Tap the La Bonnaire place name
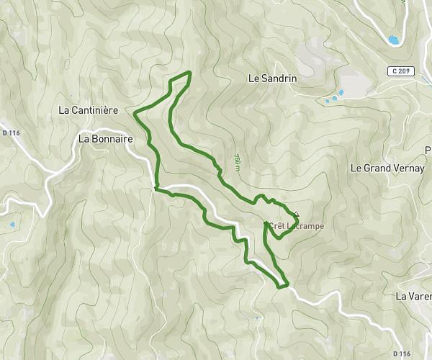tap(106, 138)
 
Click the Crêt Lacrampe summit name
tap(296, 226)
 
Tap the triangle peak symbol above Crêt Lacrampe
tap(296, 214)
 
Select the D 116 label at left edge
tap(11, 132)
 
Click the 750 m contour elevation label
tap(237, 161)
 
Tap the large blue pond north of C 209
tap(393, 40)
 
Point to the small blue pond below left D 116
tap(12, 225)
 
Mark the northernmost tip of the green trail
tap(189, 72)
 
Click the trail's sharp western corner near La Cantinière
tap(135, 112)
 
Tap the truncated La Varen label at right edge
tap(413, 296)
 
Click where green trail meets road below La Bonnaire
tap(156, 189)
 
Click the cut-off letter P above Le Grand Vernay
tap(428, 150)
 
